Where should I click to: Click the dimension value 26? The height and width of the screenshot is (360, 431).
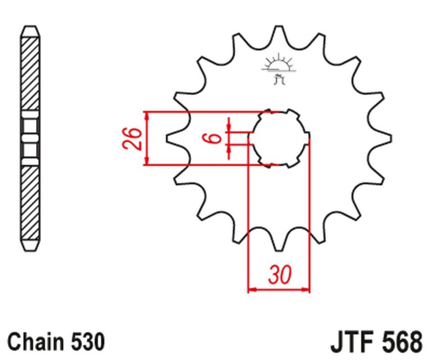pos(134,139)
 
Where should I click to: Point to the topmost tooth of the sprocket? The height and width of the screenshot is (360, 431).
pos(279,32)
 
